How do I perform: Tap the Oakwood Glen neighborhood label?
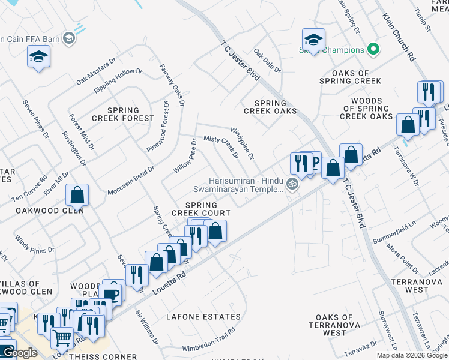point(50,211)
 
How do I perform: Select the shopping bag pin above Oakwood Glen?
point(77,195)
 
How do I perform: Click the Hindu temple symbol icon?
point(292,184)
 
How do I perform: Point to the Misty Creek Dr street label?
point(221,147)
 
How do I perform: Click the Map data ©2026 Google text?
point(412,355)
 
